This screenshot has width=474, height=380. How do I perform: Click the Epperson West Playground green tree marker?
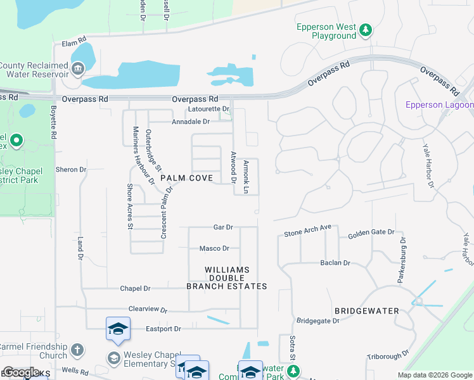[365, 30]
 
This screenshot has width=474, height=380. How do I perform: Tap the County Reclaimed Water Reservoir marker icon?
[77, 68]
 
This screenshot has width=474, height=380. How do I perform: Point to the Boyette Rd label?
[53, 122]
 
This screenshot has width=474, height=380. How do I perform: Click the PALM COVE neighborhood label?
[186, 179]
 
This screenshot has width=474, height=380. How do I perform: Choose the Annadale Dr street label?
[190, 122]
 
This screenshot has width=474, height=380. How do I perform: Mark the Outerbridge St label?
[153, 150]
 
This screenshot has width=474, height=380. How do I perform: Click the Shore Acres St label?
[130, 206]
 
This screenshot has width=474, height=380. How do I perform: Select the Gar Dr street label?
[223, 227]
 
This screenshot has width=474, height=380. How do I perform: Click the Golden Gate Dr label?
[371, 234]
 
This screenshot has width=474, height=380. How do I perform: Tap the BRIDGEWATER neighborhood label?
[366, 311]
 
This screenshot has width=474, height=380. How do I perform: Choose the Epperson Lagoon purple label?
[439, 104]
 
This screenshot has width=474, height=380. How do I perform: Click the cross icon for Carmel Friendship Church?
[77, 350]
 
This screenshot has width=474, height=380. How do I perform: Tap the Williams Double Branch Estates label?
[226, 278]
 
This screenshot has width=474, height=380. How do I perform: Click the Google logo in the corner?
[21, 372]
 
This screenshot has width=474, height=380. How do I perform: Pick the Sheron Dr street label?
[70, 170]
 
